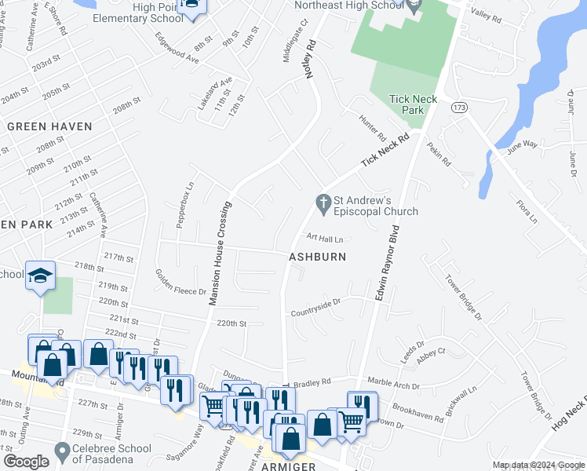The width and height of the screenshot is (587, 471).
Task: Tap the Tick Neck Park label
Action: (x=407, y=104)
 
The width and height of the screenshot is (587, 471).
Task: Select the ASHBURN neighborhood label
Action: (x=318, y=257)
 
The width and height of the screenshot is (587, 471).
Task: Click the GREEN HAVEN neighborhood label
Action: (x=49, y=126)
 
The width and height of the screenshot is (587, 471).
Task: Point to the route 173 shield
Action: (x=458, y=106)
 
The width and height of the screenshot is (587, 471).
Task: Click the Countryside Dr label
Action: (x=315, y=302)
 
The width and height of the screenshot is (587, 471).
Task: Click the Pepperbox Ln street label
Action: (x=186, y=206)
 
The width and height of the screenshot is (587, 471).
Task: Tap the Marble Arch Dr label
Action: (x=396, y=382)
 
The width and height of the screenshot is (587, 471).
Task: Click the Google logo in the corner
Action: (x=26, y=462)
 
